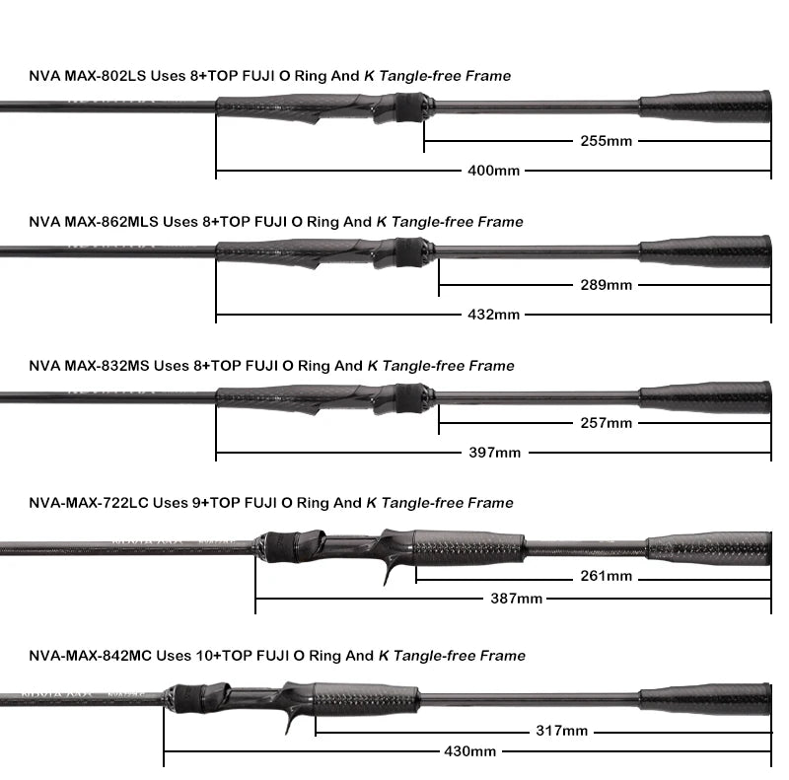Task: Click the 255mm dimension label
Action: (606, 141)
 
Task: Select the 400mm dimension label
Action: (493, 171)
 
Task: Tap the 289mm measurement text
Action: (606, 285)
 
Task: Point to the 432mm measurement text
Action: (493, 315)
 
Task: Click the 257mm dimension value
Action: (606, 423)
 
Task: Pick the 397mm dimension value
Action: (494, 453)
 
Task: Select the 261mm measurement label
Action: (606, 576)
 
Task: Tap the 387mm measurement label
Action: (516, 599)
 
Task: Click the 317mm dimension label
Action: (561, 731)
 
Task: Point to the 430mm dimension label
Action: (469, 751)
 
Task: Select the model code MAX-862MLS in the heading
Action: (111, 222)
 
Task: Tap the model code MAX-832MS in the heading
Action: (107, 366)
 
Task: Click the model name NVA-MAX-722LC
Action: (89, 503)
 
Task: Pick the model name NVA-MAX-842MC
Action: (90, 656)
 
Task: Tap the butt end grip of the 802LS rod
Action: (705, 106)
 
